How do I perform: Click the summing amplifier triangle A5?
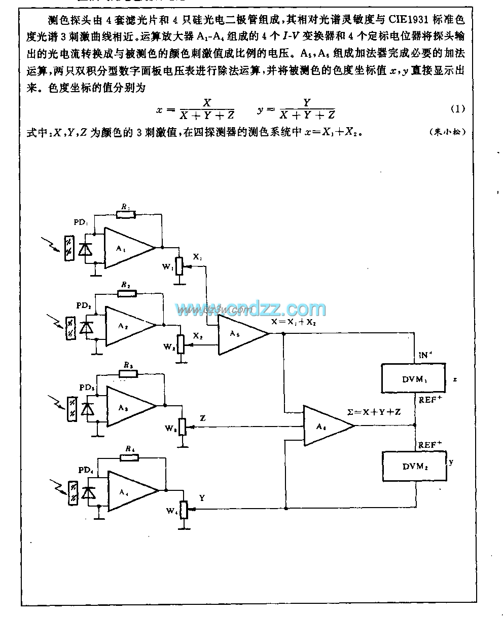(x=240, y=334)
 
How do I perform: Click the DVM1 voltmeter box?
(x=414, y=378)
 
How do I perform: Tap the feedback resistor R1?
(x=125, y=215)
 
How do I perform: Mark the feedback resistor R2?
(x=128, y=294)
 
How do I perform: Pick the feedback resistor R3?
(x=128, y=373)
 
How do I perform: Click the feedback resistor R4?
(x=129, y=457)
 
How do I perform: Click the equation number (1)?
(x=457, y=108)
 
